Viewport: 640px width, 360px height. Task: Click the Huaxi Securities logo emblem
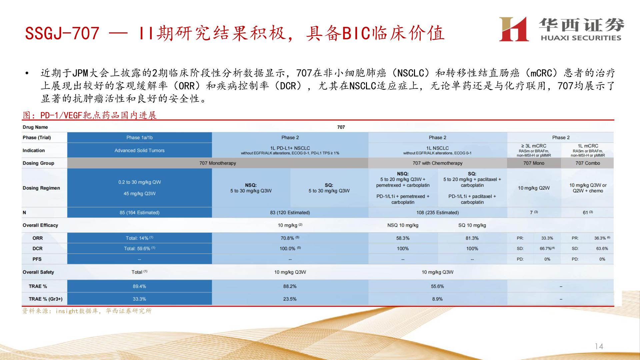[514, 29]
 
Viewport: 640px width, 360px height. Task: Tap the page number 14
[599, 346]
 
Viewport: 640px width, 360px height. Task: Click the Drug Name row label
[35, 127]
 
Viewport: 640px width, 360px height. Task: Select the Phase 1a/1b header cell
[139, 137]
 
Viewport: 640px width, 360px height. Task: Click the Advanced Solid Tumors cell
[139, 150]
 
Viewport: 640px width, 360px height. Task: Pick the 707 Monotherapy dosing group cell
[217, 163]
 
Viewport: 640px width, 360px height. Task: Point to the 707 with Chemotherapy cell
[437, 163]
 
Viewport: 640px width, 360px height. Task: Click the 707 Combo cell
[587, 163]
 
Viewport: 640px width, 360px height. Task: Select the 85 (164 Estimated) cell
[139, 212]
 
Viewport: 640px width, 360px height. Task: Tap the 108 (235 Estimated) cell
[437, 212]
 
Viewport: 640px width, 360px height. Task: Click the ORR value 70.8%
[287, 238]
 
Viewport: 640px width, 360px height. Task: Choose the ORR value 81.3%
[472, 238]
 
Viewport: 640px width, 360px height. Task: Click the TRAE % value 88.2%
[290, 286]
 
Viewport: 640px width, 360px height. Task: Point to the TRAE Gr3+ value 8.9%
[437, 299]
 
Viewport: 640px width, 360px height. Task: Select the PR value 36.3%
[600, 238]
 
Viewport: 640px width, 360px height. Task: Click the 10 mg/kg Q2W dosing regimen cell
[534, 188]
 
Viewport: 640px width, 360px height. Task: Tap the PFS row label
[37, 259]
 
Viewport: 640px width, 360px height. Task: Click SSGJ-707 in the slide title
[62, 33]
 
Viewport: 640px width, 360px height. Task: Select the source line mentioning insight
[87, 311]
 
